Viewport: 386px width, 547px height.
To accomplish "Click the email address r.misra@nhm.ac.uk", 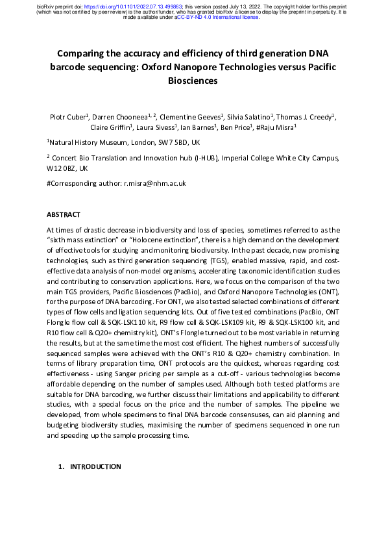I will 154,184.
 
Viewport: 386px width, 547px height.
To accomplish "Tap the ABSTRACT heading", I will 64,214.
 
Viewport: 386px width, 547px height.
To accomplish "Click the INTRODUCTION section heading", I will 95,466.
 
